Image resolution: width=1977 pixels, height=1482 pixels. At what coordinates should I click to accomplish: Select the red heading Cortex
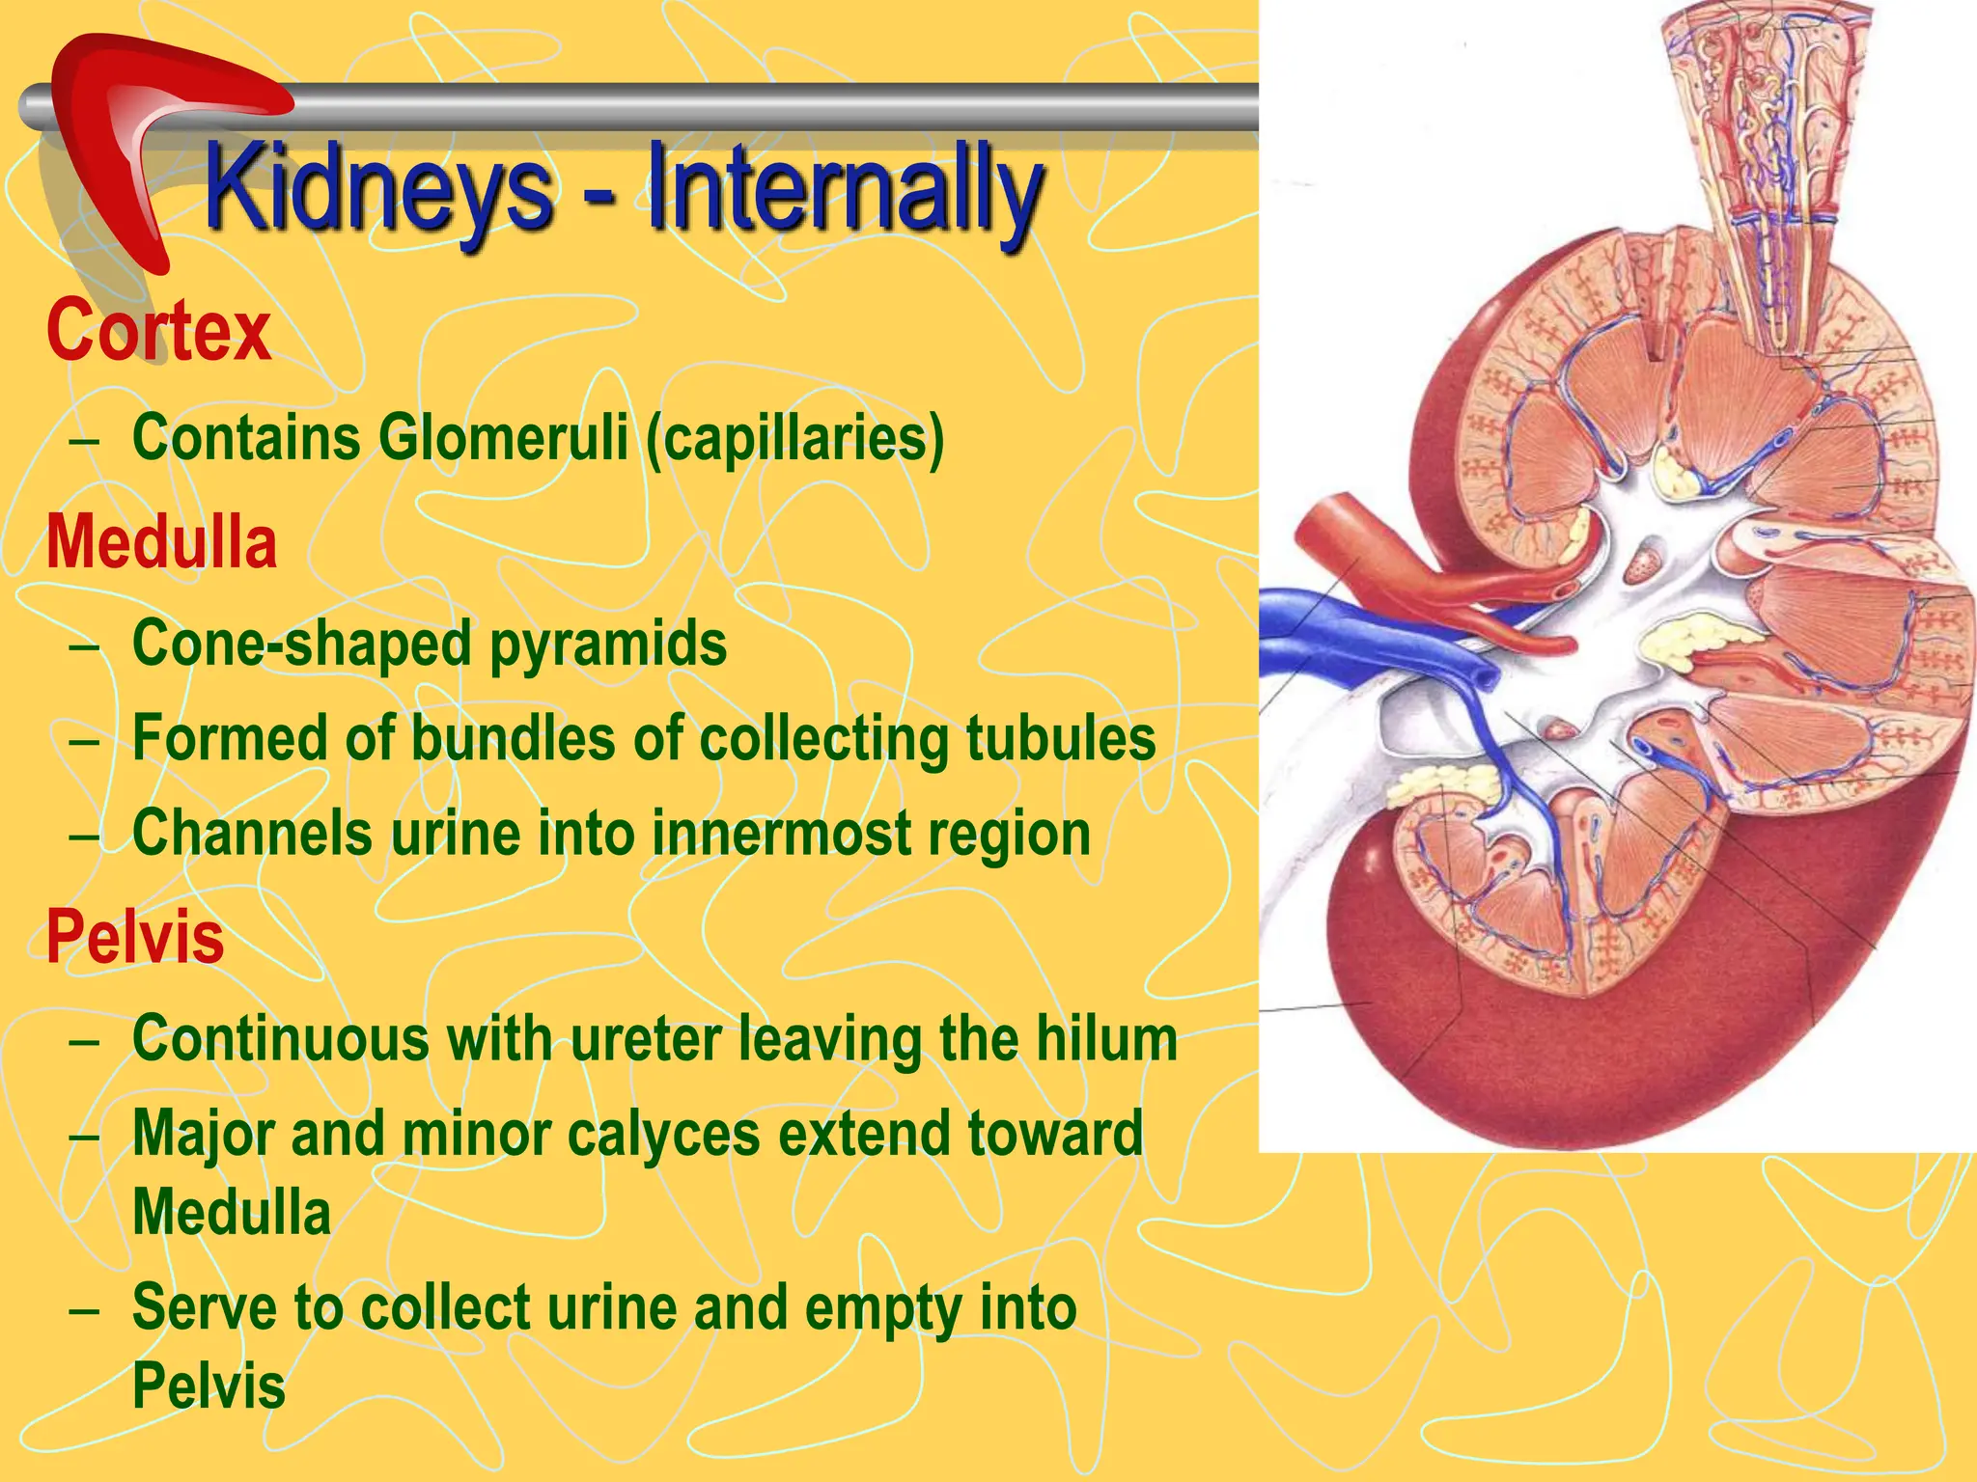[x=159, y=331]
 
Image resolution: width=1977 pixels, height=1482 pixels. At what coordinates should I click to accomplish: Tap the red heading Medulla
[x=162, y=541]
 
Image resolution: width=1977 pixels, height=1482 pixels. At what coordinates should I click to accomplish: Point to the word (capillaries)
[x=794, y=438]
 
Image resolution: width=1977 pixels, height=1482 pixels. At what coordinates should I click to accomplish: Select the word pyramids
[x=608, y=644]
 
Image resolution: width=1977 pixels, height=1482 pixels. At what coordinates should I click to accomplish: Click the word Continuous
[x=281, y=1038]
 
